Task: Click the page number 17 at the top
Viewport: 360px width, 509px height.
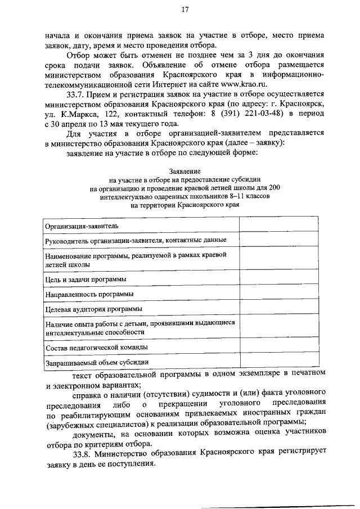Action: point(184,10)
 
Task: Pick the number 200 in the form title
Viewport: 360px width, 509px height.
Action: point(273,188)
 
